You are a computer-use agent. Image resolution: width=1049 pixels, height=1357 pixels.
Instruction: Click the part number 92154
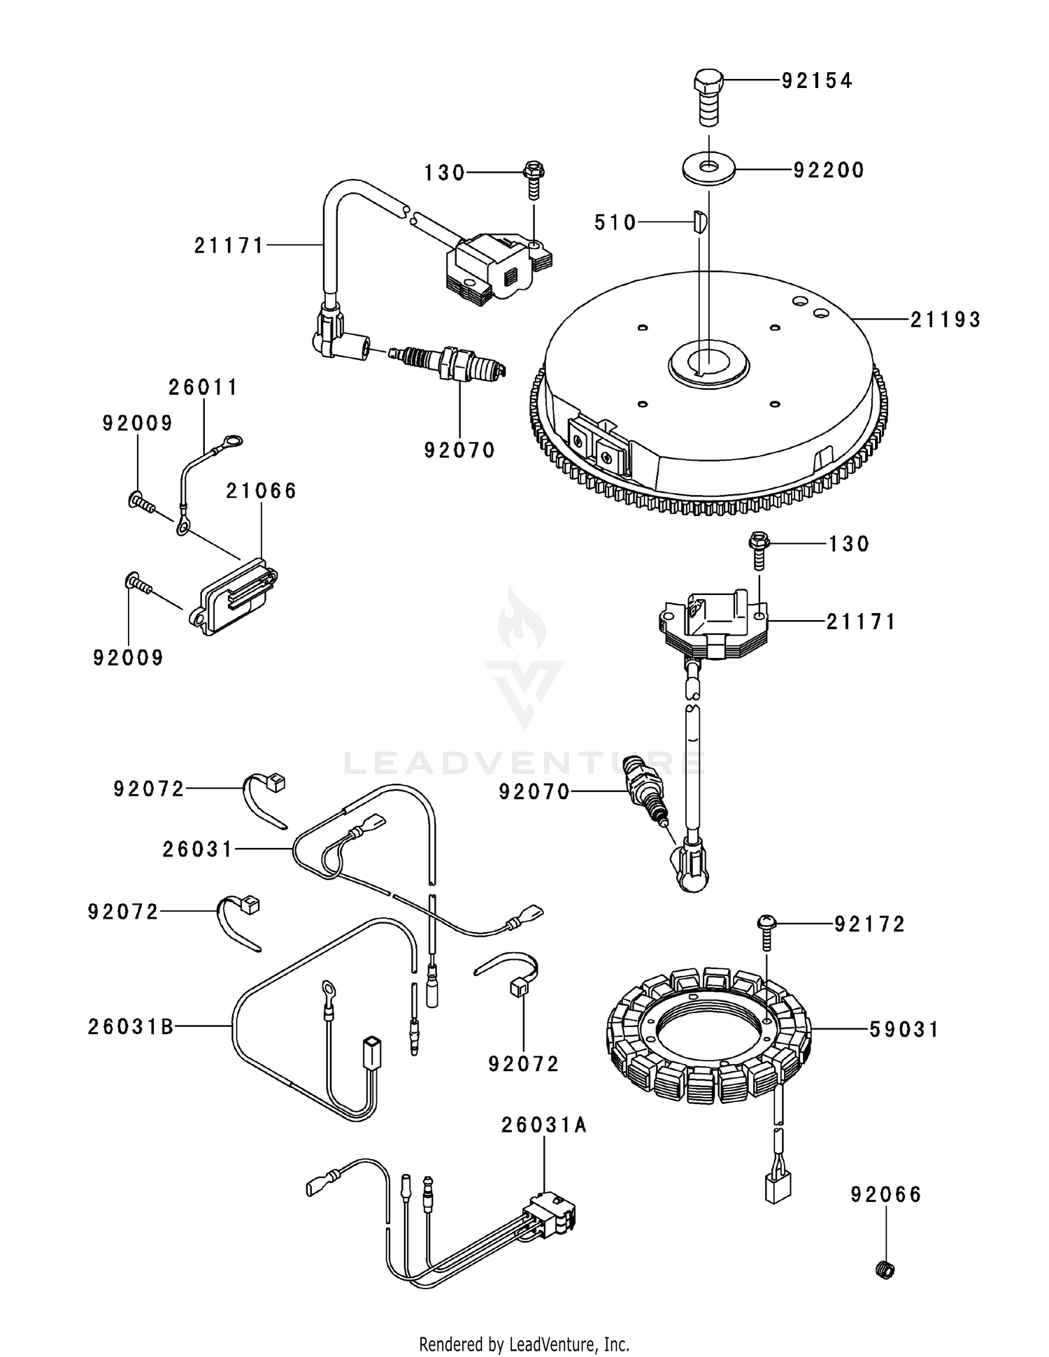point(817,81)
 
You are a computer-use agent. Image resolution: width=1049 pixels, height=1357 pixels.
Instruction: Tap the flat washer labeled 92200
point(708,169)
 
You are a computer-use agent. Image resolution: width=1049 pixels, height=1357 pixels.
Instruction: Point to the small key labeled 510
point(701,222)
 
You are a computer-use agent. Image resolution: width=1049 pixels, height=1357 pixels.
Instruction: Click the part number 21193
point(945,319)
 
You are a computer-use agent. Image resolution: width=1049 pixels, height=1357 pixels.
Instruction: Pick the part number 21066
point(262,491)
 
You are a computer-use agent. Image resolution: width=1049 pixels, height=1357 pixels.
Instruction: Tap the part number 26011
point(203,387)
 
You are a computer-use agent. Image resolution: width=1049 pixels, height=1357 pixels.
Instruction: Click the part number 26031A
point(544,1125)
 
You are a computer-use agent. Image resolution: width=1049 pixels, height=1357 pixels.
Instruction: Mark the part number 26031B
point(131,1026)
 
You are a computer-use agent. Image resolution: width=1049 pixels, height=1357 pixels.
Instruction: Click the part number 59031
point(904,1029)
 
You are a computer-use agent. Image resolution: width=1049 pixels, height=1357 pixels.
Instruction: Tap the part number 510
point(615,222)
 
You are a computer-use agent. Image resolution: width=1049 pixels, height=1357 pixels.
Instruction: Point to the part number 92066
point(886,1194)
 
